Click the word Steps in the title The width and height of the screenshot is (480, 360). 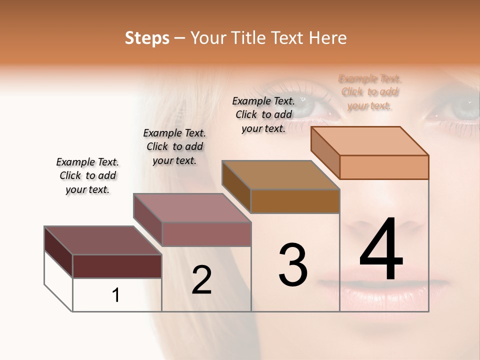(x=147, y=38)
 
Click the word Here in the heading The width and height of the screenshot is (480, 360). (x=328, y=38)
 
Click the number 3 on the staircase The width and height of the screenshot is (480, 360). (x=293, y=265)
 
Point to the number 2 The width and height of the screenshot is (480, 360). (x=201, y=280)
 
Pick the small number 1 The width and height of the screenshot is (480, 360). (x=116, y=295)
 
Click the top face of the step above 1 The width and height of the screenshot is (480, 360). (x=102, y=240)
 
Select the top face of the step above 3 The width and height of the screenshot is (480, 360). (x=280, y=175)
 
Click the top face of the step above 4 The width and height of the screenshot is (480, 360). (x=370, y=141)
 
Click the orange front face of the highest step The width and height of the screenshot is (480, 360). (x=384, y=167)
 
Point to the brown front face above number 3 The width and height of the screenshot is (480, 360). (x=295, y=201)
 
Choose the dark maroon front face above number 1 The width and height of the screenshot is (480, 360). (x=117, y=266)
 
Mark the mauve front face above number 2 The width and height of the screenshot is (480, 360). (x=206, y=234)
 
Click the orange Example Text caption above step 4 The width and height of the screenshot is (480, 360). (x=370, y=92)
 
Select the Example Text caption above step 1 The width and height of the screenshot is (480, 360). (x=87, y=175)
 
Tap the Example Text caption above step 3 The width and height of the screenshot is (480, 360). (x=263, y=114)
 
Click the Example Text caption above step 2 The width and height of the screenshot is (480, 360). (x=174, y=146)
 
